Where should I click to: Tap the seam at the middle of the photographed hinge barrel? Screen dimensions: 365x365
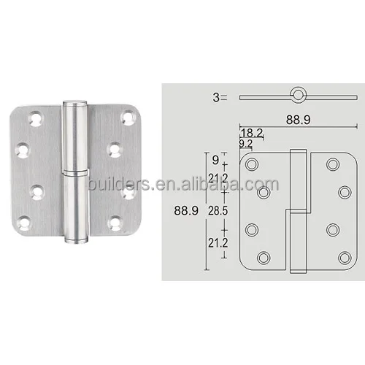point(75,172)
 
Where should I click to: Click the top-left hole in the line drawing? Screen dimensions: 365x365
point(253,165)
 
